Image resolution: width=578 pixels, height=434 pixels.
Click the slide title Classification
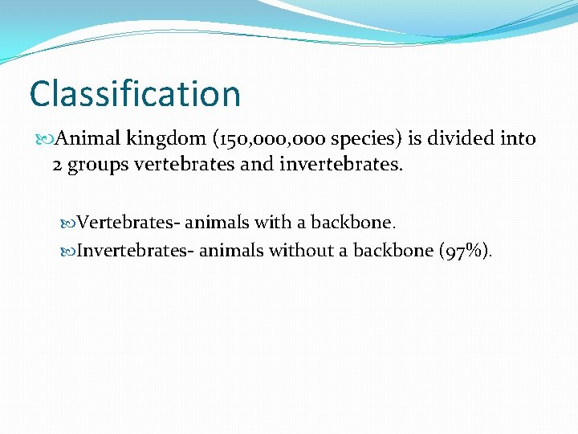point(135,93)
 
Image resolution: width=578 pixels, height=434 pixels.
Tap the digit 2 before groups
point(57,165)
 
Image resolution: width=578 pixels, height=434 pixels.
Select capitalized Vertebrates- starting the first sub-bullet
point(128,222)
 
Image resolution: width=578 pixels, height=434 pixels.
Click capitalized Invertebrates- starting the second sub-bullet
point(136,250)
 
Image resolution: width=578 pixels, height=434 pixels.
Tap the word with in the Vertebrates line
point(273,222)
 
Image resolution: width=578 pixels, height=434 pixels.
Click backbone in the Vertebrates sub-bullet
point(353,222)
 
